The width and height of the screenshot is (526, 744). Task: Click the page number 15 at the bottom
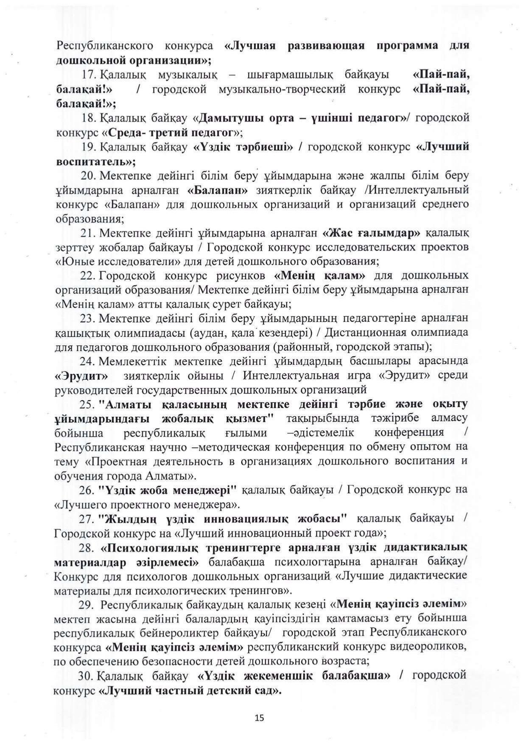260,718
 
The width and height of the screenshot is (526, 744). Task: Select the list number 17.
90,75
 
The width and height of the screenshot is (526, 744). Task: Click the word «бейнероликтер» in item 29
168,633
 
